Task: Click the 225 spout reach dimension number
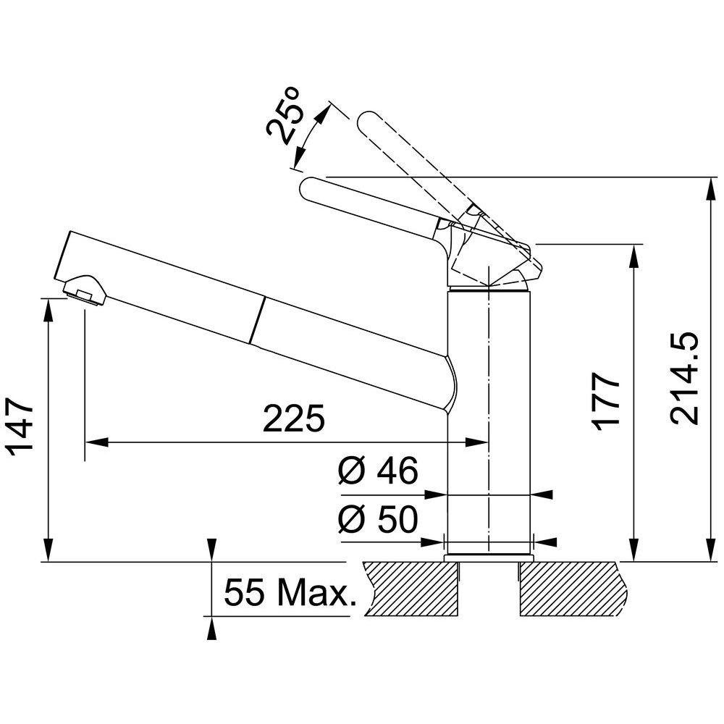click(294, 418)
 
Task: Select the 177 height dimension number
click(606, 401)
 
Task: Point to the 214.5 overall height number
click(684, 378)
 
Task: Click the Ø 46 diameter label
click(378, 471)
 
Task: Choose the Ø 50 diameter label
click(378, 519)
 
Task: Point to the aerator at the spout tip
click(85, 290)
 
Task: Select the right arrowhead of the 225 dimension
click(477, 442)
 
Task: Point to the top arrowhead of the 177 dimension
click(636, 256)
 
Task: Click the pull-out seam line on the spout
click(258, 320)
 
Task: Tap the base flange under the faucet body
click(489, 557)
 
